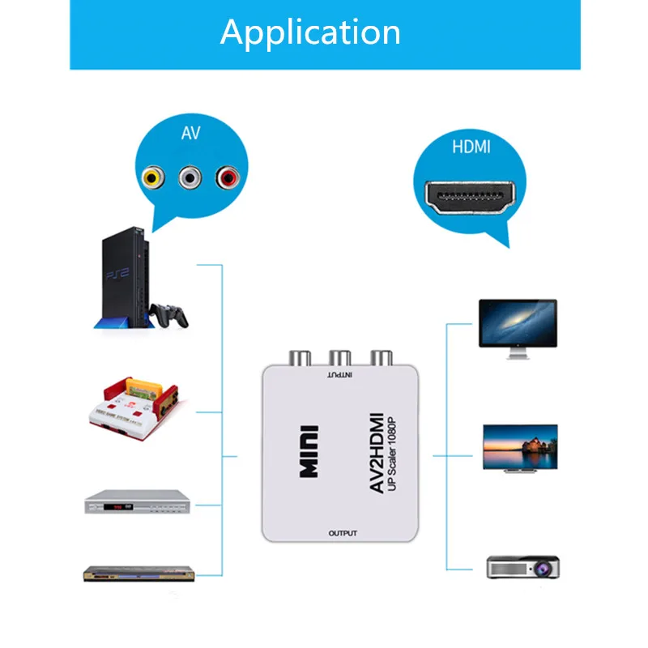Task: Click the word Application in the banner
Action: pyautogui.click(x=310, y=32)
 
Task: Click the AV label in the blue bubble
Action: pyautogui.click(x=190, y=133)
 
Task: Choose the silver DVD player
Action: pyautogui.click(x=138, y=503)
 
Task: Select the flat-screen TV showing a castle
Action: pyautogui.click(x=518, y=447)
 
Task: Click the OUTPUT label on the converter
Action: pyautogui.click(x=343, y=533)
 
